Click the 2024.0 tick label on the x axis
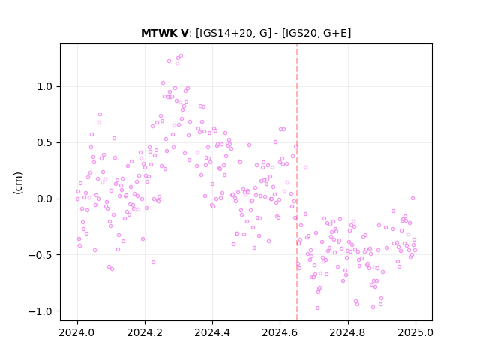[x=77, y=332]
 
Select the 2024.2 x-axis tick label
[x=145, y=332]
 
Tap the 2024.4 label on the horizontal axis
[x=212, y=332]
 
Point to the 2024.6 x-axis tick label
[x=280, y=332]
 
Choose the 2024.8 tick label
[x=348, y=332]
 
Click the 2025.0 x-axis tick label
[x=415, y=332]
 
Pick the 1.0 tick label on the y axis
[x=45, y=87]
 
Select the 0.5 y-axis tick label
[x=45, y=143]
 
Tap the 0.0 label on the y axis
[x=45, y=199]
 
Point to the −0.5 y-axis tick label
[x=41, y=255]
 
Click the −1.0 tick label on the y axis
[x=41, y=311]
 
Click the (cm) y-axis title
[x=18, y=183]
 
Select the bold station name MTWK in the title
[x=157, y=33]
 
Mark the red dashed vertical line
[x=297, y=182]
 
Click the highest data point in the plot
[x=181, y=56]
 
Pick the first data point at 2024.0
[x=77, y=199]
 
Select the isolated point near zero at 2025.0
[x=412, y=198]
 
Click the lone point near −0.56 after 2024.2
[x=153, y=262]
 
